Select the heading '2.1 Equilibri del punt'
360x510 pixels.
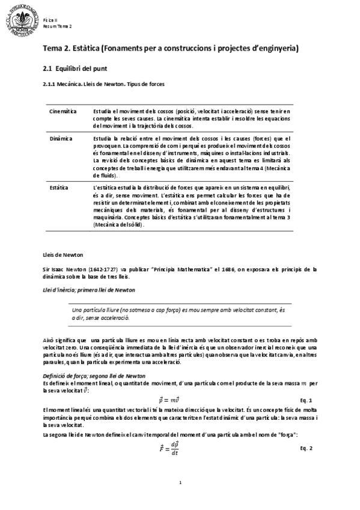click(x=78, y=70)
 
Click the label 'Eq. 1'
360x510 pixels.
click(x=306, y=400)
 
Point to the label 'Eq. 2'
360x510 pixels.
click(x=306, y=449)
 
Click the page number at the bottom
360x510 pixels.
click(x=180, y=483)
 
